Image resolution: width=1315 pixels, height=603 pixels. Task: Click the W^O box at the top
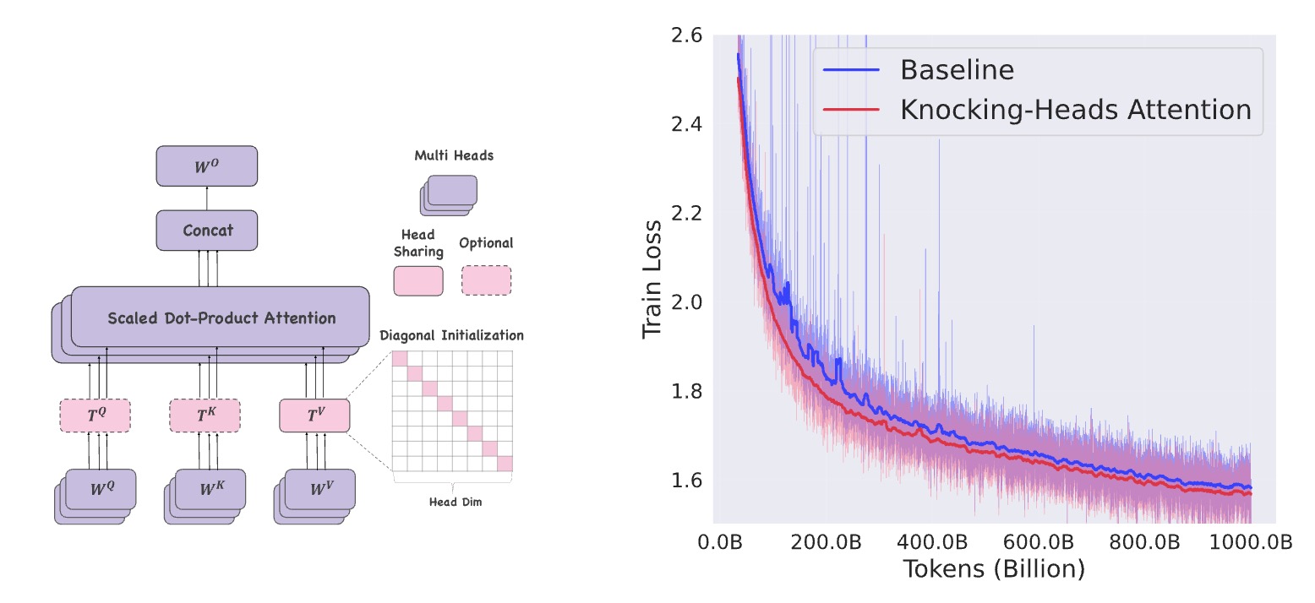click(x=207, y=166)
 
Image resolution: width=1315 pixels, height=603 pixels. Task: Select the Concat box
click(x=207, y=231)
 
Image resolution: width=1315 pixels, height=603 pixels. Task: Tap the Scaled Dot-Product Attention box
click(x=220, y=318)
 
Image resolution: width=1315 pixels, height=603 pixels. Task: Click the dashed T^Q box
click(x=95, y=416)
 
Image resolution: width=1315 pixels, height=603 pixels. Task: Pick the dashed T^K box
click(x=205, y=416)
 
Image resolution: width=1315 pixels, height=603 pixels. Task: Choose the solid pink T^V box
click(x=314, y=416)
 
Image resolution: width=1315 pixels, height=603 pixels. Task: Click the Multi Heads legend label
click(x=454, y=155)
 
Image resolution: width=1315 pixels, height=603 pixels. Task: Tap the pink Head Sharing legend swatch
click(x=418, y=281)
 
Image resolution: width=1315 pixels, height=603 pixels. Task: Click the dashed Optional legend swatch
click(x=487, y=280)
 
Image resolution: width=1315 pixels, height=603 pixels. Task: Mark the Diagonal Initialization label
click(x=451, y=335)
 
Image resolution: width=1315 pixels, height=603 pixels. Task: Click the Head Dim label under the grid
click(x=456, y=502)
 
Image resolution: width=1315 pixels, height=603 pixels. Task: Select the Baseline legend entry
click(x=919, y=70)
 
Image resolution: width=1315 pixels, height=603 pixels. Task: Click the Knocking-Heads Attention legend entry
click(x=1037, y=110)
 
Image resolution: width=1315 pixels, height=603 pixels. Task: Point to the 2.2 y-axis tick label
click(x=687, y=214)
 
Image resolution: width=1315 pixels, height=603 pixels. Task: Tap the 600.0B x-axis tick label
click(x=1039, y=542)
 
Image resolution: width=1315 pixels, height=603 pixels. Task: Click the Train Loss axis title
click(x=652, y=280)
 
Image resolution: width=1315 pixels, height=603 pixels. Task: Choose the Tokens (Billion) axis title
click(x=994, y=569)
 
